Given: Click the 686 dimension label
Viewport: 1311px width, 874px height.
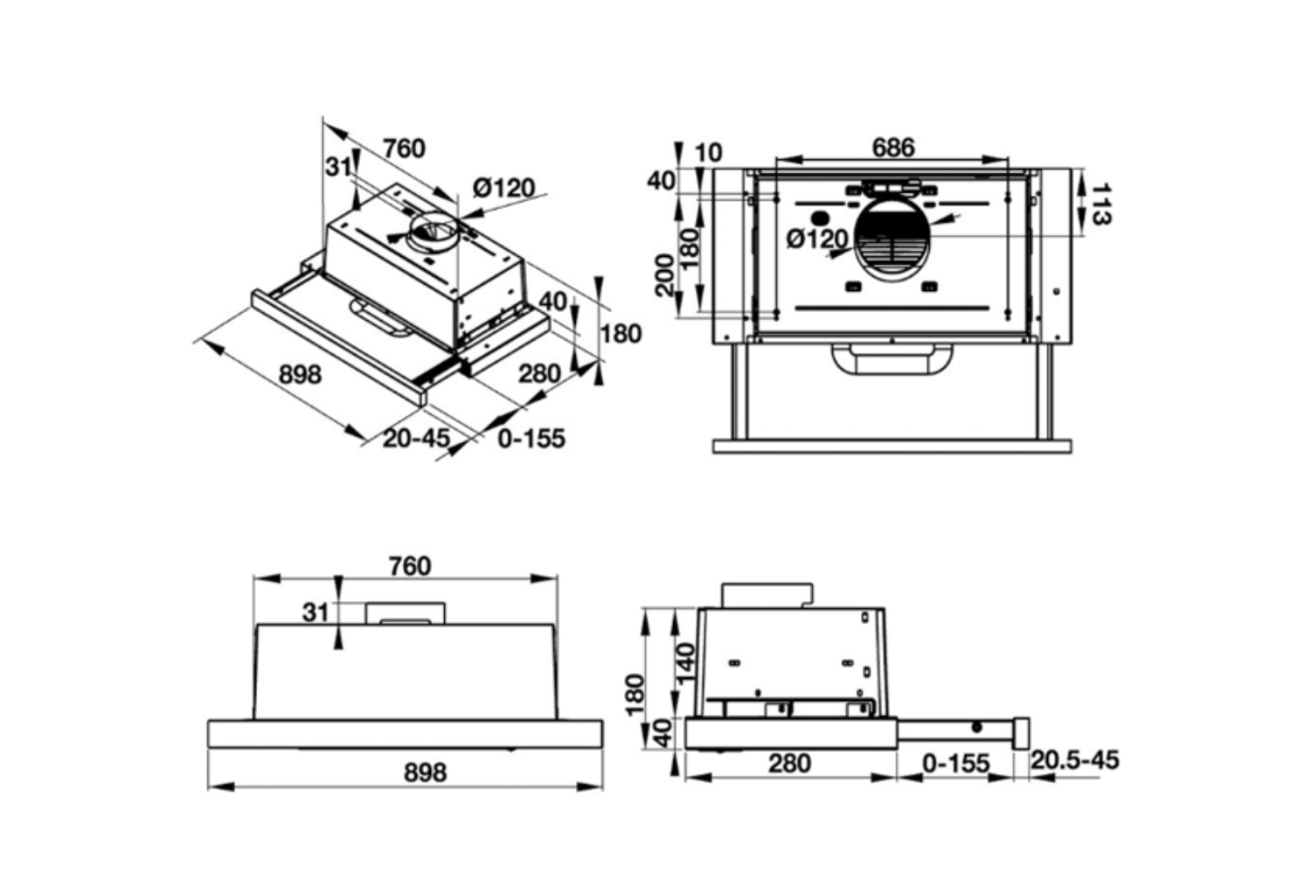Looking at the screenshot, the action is tap(893, 148).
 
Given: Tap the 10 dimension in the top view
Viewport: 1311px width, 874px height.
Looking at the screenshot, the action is tap(708, 153).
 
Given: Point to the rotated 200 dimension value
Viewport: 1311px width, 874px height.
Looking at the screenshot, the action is tap(664, 275).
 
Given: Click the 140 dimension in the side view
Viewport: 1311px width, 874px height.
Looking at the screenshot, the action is tap(685, 662).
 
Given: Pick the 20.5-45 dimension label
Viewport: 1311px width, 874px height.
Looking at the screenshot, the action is tap(1074, 760).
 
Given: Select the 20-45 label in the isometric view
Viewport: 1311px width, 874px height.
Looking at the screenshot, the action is tap(416, 438).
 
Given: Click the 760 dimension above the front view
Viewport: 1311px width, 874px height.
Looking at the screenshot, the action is tap(410, 566).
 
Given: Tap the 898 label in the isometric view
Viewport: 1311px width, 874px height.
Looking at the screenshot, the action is tap(301, 374).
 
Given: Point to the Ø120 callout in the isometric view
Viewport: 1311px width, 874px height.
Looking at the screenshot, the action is tap(504, 188).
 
